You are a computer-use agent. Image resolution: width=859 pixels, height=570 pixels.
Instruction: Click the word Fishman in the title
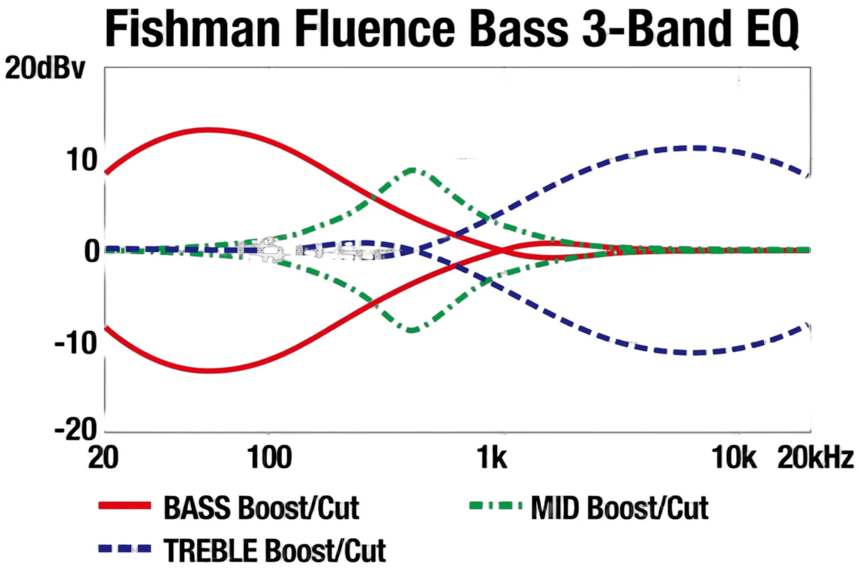(x=193, y=28)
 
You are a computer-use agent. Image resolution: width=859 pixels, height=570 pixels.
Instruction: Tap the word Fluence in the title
(x=376, y=28)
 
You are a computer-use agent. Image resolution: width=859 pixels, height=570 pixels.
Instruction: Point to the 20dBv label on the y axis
(x=45, y=68)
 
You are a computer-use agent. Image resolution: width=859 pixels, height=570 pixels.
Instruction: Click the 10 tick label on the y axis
(x=82, y=160)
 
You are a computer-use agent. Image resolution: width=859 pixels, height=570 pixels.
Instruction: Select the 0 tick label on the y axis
(x=91, y=252)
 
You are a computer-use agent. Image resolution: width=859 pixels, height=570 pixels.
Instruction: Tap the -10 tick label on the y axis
(x=75, y=343)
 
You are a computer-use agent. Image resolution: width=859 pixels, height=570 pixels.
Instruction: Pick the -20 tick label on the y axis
(x=75, y=430)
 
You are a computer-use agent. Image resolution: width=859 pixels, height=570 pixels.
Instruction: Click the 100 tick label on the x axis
(x=269, y=457)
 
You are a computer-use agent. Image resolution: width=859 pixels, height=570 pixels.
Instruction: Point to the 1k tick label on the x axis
(x=491, y=457)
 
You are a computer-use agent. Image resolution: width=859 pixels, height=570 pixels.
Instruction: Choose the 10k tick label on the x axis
(x=734, y=457)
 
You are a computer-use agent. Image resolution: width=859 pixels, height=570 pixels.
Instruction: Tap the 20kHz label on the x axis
(x=815, y=457)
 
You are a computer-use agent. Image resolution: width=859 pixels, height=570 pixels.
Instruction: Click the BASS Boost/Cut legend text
(x=261, y=508)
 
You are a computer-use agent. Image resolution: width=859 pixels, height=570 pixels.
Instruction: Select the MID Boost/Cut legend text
(x=619, y=508)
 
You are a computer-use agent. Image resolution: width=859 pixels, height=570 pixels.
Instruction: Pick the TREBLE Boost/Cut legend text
(x=275, y=550)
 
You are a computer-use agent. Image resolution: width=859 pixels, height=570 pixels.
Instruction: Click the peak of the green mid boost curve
(x=412, y=170)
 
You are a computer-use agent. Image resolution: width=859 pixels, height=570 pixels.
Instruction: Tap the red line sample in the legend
(x=125, y=506)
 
